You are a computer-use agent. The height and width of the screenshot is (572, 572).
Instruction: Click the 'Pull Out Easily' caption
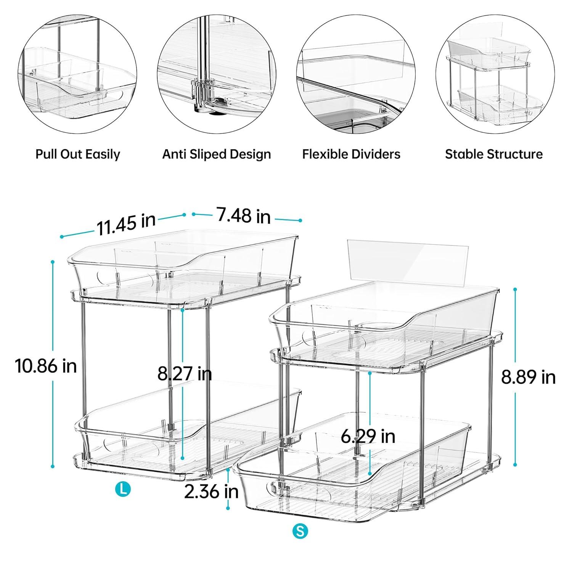coord(77,154)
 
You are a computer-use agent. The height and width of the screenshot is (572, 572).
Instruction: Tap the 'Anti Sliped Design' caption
coord(217,154)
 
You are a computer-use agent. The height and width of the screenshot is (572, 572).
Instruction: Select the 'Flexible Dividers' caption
coord(351,154)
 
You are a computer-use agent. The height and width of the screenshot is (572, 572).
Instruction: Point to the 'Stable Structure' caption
coord(494,154)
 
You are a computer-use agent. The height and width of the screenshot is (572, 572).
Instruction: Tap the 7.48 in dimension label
coord(244,216)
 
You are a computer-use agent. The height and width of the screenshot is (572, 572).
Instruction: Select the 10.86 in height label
coord(46,366)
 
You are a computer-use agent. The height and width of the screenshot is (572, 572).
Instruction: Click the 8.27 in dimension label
coord(185,374)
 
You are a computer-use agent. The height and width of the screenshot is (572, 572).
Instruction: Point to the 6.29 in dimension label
coord(368,436)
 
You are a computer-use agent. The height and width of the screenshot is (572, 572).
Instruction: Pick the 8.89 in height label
coord(528,378)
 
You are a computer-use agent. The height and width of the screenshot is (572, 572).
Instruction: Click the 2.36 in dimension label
coord(211,492)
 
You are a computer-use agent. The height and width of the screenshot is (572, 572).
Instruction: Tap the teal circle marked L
coord(123,489)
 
